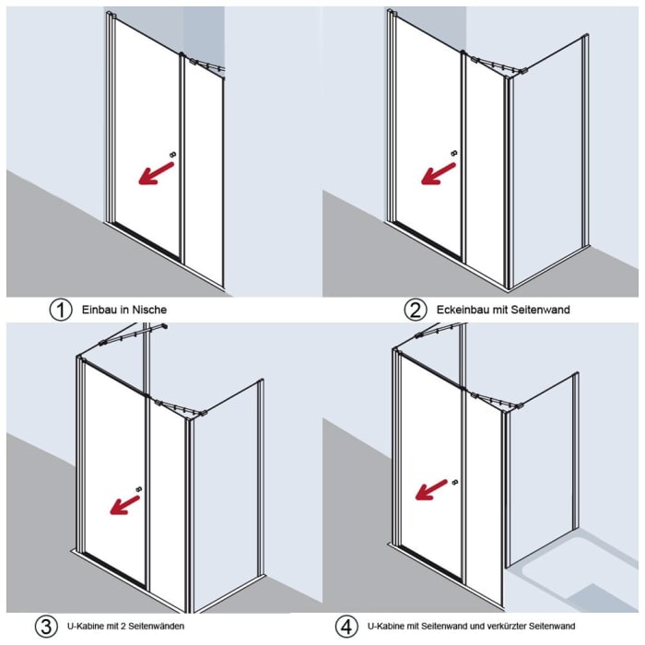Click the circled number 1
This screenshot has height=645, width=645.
[x=61, y=310]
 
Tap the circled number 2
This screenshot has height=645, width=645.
[x=415, y=310]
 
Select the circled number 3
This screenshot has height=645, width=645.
[x=46, y=627]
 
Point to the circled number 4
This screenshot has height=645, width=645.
[x=346, y=627]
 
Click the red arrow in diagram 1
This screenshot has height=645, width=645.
[x=157, y=173]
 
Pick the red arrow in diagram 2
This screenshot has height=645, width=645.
[x=439, y=173]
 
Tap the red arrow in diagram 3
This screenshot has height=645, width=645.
[x=125, y=505]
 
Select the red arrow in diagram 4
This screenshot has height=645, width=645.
[x=431, y=489]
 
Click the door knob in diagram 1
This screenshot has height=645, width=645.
[x=172, y=155]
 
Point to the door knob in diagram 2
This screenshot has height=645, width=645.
[x=454, y=153]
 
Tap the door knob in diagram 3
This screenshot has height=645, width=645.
[x=138, y=489]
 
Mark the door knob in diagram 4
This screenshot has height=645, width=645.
[x=454, y=482]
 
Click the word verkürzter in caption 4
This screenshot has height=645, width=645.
[x=507, y=627]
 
